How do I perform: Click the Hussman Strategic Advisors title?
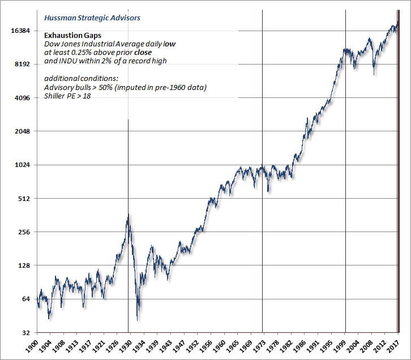pyautogui.click(x=92, y=18)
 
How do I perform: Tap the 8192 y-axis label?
pyautogui.click(x=22, y=65)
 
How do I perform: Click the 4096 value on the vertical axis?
pyautogui.click(x=22, y=98)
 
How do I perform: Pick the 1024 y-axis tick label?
pyautogui.click(x=22, y=165)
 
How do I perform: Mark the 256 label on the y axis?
pyautogui.click(x=23, y=232)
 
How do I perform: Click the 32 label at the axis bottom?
pyautogui.click(x=25, y=333)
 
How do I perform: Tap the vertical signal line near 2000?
pyautogui.click(x=345, y=170)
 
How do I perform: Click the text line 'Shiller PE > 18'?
pyautogui.click(x=67, y=96)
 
